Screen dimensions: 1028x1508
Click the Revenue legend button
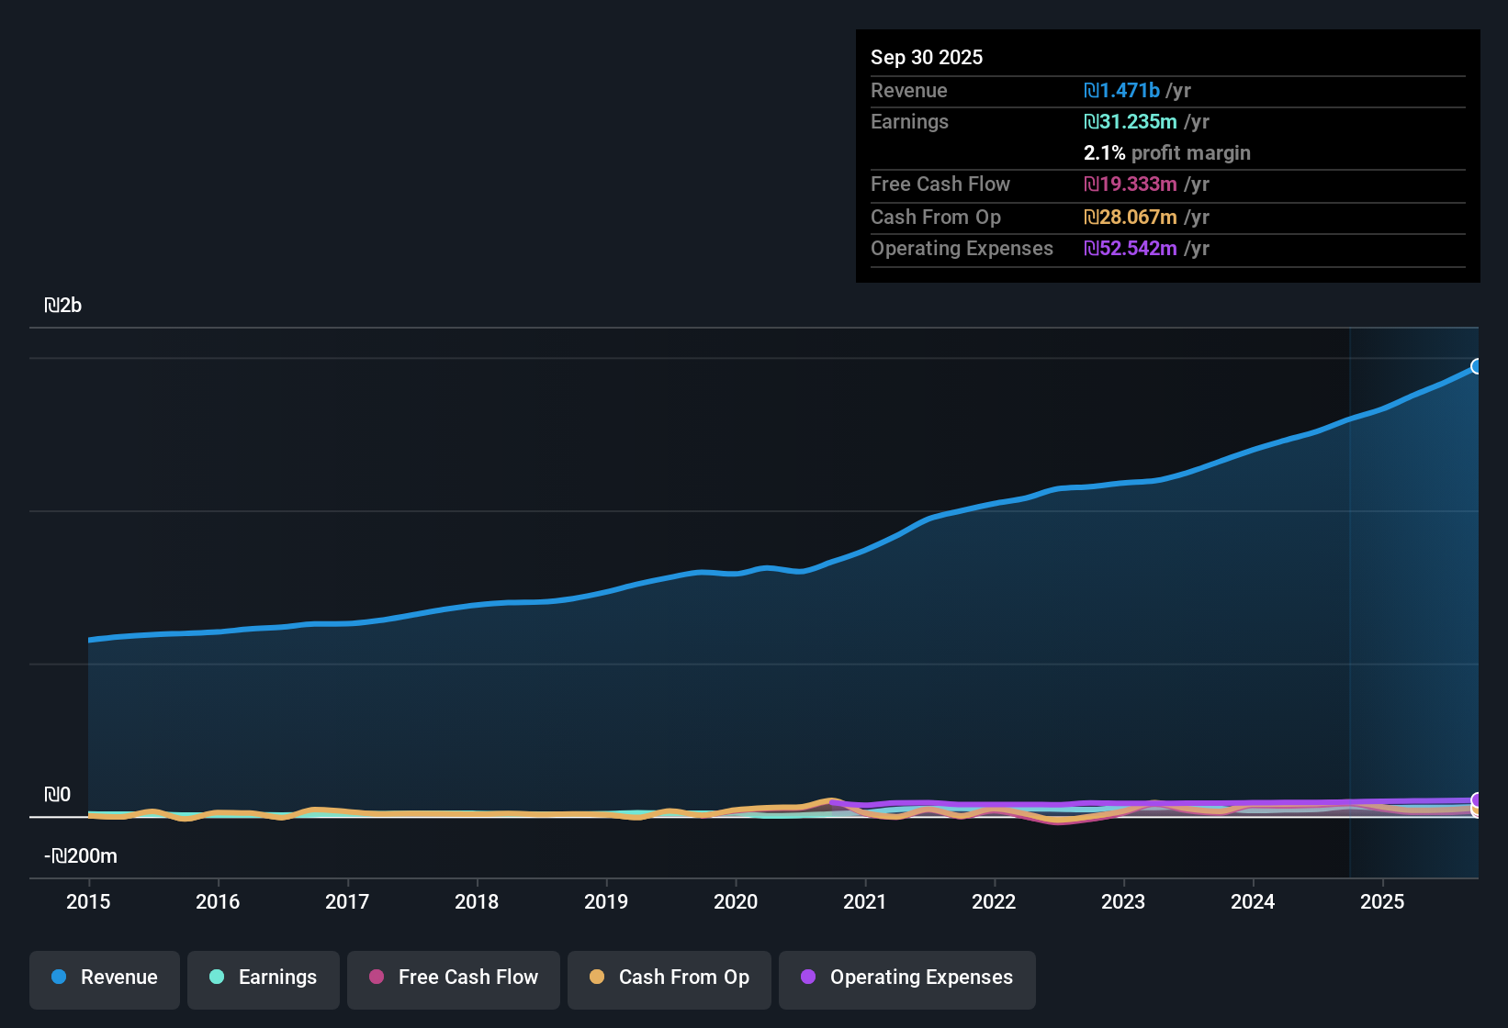click(105, 978)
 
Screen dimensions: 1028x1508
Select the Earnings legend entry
click(264, 978)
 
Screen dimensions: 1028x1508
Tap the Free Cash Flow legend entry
click(454, 978)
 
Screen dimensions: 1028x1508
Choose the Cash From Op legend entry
click(670, 978)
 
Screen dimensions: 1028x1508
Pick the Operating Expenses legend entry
click(907, 978)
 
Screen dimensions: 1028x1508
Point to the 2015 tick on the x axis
click(88, 901)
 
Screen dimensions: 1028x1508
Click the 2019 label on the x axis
click(606, 901)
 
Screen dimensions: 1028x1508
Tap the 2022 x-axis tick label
click(994, 901)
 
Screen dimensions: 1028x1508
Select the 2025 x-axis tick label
click(1381, 901)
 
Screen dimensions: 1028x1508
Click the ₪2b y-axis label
click(63, 306)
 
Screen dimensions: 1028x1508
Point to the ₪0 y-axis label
click(57, 795)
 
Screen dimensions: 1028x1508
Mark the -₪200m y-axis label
click(81, 856)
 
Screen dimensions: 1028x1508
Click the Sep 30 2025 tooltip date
click(926, 57)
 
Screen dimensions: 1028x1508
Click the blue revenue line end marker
click(1476, 366)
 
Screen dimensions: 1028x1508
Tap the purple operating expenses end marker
click(1476, 799)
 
